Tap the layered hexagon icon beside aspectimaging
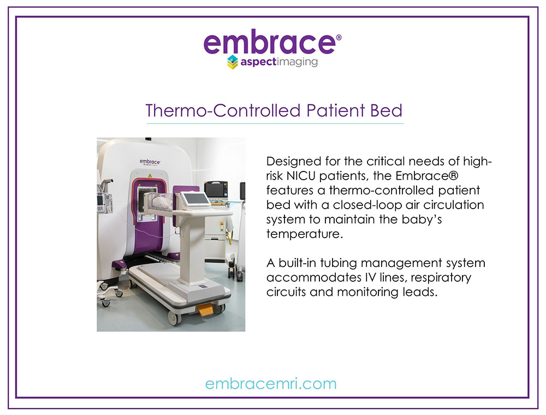(x=232, y=62)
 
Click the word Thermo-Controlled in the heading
(x=223, y=111)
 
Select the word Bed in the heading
(x=386, y=111)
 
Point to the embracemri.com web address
(x=271, y=384)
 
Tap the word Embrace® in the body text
(x=427, y=176)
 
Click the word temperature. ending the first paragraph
(x=305, y=234)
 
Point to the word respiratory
(x=443, y=278)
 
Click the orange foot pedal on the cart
(x=205, y=309)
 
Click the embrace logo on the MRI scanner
(x=150, y=162)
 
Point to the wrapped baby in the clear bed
(x=161, y=201)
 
